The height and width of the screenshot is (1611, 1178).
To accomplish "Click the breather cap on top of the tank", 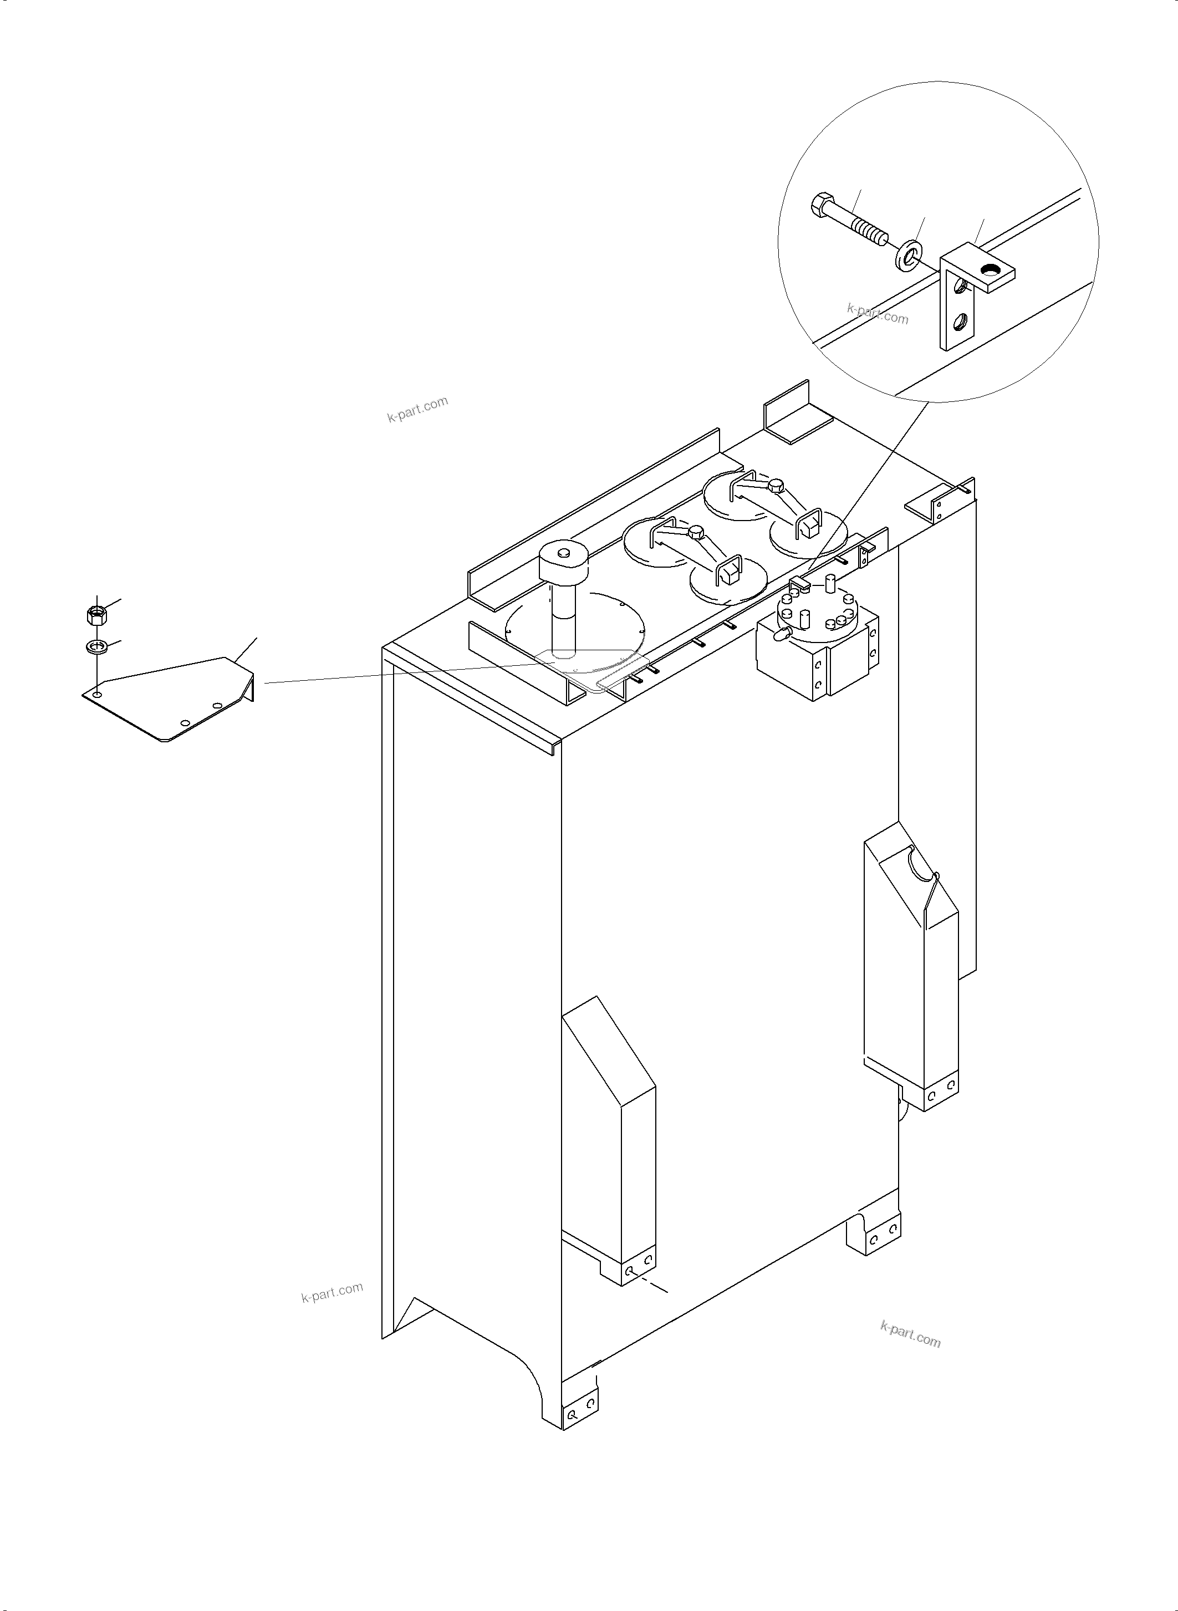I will tap(563, 560).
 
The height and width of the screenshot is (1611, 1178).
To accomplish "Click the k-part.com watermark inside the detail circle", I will tap(878, 313).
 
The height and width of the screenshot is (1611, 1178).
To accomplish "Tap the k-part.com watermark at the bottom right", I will tap(911, 1334).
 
